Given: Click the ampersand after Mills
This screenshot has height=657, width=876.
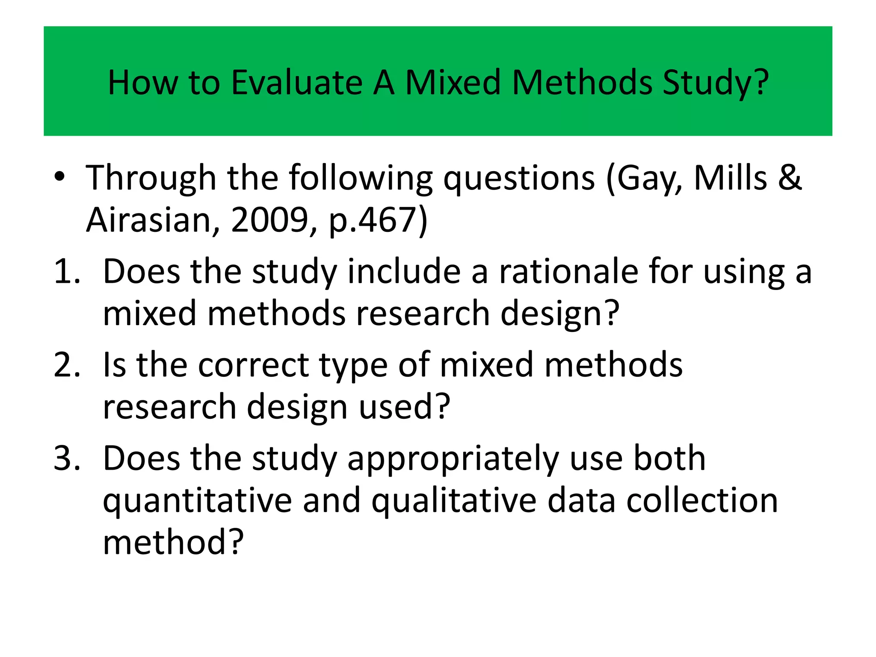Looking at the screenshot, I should (790, 177).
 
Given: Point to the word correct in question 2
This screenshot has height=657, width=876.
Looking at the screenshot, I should (253, 365).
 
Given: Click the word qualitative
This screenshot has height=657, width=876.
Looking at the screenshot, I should (454, 501).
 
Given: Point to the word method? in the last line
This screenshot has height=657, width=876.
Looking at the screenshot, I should (173, 542).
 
